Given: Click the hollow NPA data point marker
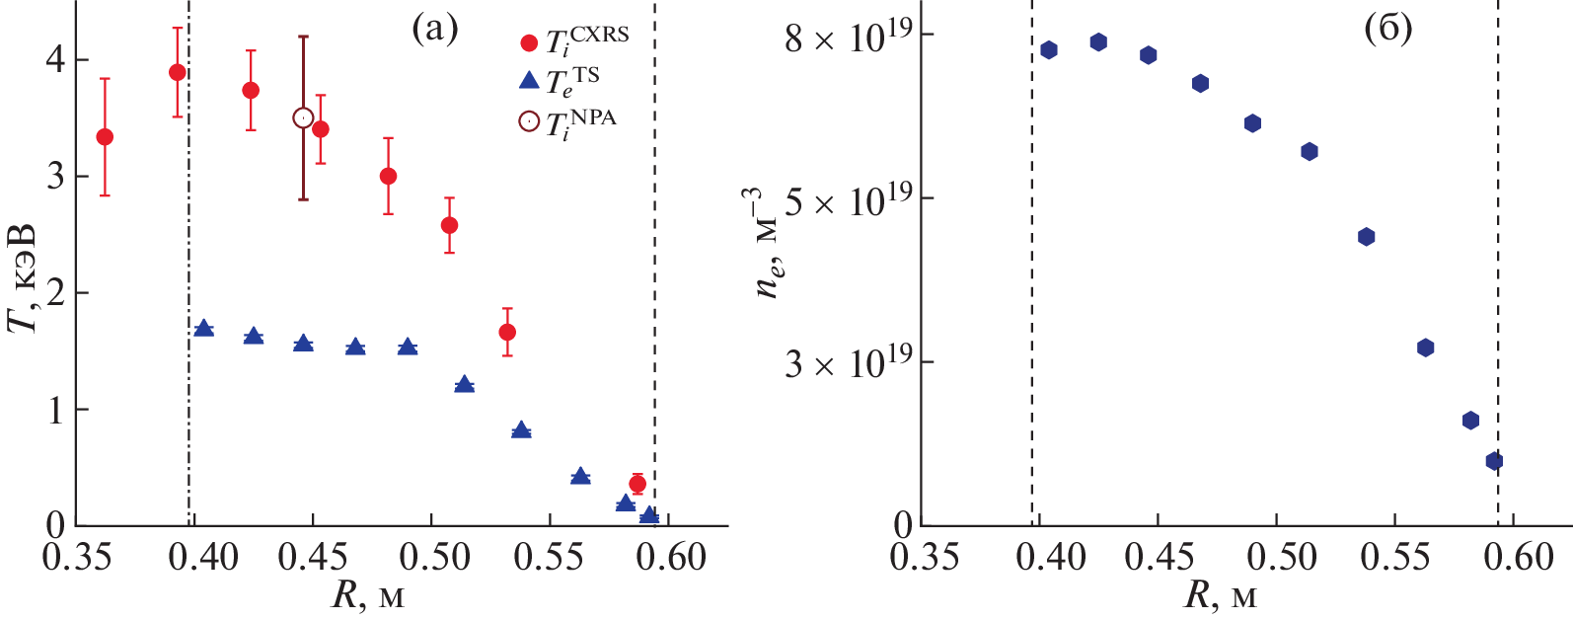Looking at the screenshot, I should pos(303,118).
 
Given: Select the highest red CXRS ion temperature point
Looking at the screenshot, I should pos(178,72).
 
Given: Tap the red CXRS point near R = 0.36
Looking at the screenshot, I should pos(105,137).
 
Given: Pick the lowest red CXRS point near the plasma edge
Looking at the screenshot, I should pos(637,484).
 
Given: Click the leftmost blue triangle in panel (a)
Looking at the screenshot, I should pos(204,329).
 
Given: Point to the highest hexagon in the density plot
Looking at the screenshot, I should pos(1098,42).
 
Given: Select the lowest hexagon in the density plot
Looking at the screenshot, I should pos(1494,461).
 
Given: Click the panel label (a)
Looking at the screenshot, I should pos(434,30).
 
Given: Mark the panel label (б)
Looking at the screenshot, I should pos(1387,30).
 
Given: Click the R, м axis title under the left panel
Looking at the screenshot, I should pos(367,596).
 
